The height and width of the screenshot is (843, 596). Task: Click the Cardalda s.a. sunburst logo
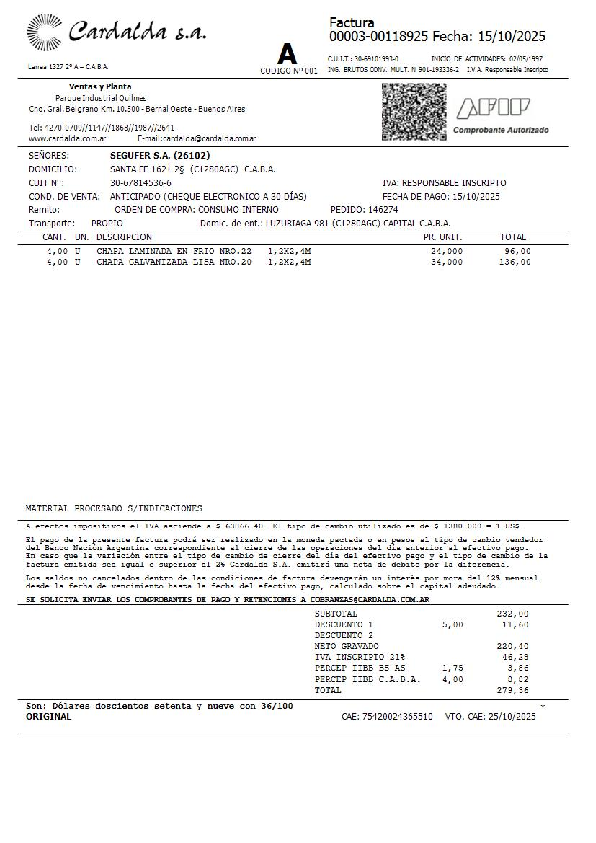pyautogui.click(x=44, y=32)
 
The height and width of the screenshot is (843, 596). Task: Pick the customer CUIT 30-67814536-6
pyautogui.click(x=141, y=183)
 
